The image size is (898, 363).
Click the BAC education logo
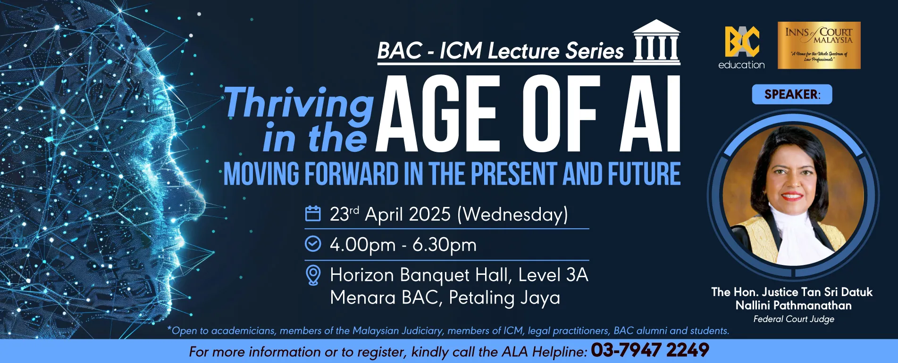(742, 48)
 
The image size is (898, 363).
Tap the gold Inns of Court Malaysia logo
(819, 45)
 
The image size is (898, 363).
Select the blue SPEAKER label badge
(792, 94)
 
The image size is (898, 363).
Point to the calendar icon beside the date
(313, 214)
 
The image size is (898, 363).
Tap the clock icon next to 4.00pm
(313, 244)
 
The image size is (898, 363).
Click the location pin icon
(313, 275)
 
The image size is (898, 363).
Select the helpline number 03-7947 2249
(650, 350)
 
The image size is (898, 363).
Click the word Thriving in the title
(299, 103)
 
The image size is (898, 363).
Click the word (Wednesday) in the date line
(512, 214)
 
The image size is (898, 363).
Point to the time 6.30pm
(445, 245)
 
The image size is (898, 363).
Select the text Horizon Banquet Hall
(421, 275)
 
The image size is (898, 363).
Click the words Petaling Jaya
(504, 298)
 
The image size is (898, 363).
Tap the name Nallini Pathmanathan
(794, 305)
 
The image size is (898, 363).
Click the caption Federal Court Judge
(794, 319)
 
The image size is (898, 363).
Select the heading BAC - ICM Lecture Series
(501, 51)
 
